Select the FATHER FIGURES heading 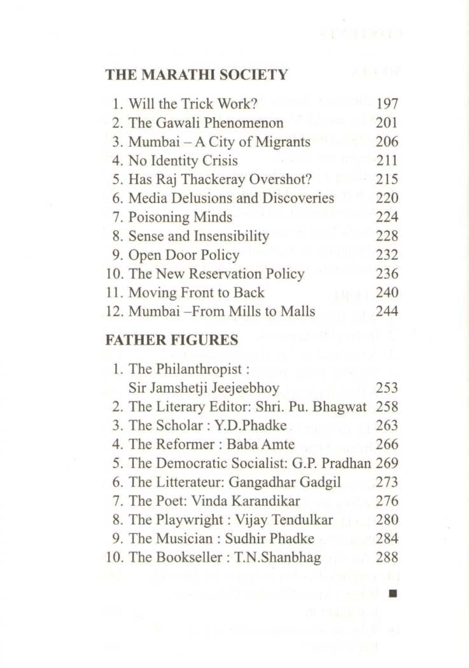pyautogui.click(x=172, y=340)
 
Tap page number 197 pyautogui.click(x=387, y=104)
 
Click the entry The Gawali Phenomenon pyautogui.click(x=206, y=123)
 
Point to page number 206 pyautogui.click(x=387, y=141)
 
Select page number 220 pyautogui.click(x=387, y=199)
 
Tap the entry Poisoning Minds pyautogui.click(x=180, y=217)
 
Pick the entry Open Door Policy pyautogui.click(x=184, y=255)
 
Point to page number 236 pyautogui.click(x=387, y=274)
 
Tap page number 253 pyautogui.click(x=387, y=388)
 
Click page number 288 pyautogui.click(x=387, y=558)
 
